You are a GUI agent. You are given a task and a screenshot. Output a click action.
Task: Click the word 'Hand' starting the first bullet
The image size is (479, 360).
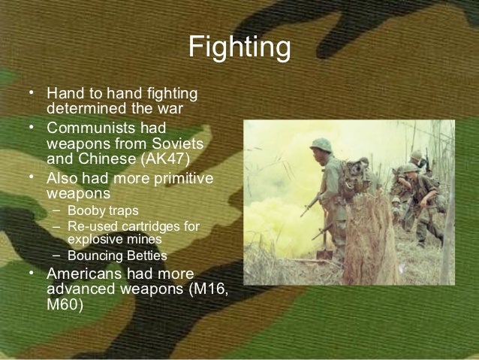click(63, 95)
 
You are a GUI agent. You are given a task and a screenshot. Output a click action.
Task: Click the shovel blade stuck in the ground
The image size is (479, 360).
click(325, 254)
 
